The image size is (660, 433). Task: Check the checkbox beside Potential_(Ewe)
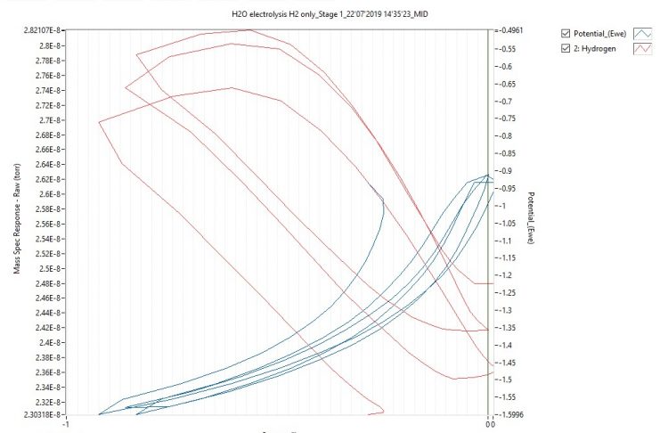[x=566, y=34]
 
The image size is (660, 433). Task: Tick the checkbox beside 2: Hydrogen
[x=566, y=49]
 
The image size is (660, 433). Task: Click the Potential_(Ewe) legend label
[x=601, y=34]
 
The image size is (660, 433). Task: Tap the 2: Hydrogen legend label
[x=595, y=49]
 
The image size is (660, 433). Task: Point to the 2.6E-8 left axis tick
[x=46, y=194]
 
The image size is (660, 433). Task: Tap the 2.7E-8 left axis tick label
[x=46, y=119]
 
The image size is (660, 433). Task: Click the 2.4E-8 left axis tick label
[x=46, y=342]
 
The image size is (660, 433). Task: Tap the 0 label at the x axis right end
[x=488, y=424]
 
